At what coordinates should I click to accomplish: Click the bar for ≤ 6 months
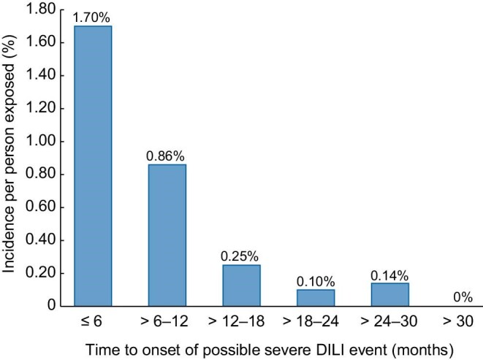pyautogui.click(x=92, y=166)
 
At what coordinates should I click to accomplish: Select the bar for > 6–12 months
pyautogui.click(x=167, y=235)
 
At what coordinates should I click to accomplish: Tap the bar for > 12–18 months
pyautogui.click(x=241, y=285)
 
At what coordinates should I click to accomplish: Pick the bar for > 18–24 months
pyautogui.click(x=315, y=297)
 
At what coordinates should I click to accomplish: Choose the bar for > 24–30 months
pyautogui.click(x=389, y=294)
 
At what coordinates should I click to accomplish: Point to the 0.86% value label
pyautogui.click(x=167, y=156)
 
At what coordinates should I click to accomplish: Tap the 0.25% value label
pyautogui.click(x=241, y=256)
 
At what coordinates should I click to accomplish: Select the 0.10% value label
pyautogui.click(x=315, y=281)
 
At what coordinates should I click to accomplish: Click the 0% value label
pyautogui.click(x=463, y=297)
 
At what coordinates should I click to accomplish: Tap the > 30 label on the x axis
pyautogui.click(x=463, y=321)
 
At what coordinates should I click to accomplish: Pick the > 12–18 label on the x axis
pyautogui.click(x=241, y=321)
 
